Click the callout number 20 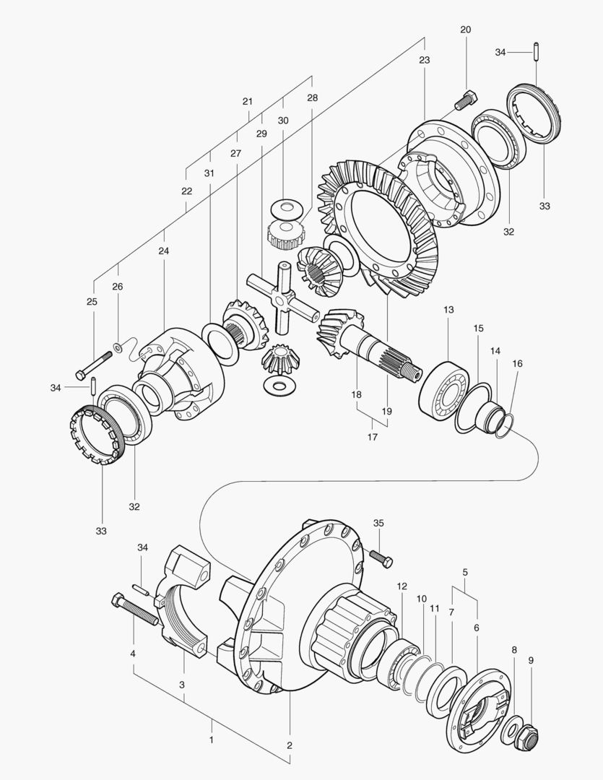(465, 30)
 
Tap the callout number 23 (424, 60)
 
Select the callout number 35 (378, 522)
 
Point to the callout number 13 (448, 309)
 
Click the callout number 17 (373, 437)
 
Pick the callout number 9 (531, 659)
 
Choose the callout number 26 (117, 287)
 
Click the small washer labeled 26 (117, 348)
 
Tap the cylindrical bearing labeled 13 (443, 393)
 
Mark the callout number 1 (211, 740)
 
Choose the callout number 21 (248, 102)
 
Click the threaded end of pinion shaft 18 (414, 373)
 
